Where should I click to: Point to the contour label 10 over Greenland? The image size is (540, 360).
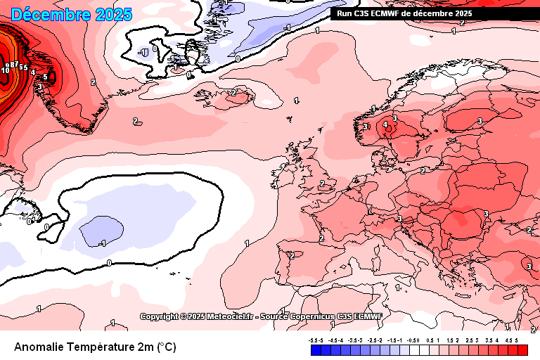click(x=5, y=70)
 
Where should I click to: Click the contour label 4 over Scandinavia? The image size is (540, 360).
click(x=385, y=125)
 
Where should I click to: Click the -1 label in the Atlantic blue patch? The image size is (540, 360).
click(x=102, y=243)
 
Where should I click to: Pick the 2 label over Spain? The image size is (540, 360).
click(x=292, y=255)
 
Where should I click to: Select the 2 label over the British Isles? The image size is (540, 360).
click(x=322, y=184)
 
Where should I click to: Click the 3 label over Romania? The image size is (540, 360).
click(x=486, y=214)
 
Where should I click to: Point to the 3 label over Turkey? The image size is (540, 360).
click(x=529, y=266)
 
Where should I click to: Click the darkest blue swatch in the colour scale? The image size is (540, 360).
click(x=316, y=350)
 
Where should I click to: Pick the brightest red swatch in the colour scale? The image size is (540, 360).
click(x=522, y=350)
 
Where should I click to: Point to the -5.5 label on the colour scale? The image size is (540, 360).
click(x=313, y=340)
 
